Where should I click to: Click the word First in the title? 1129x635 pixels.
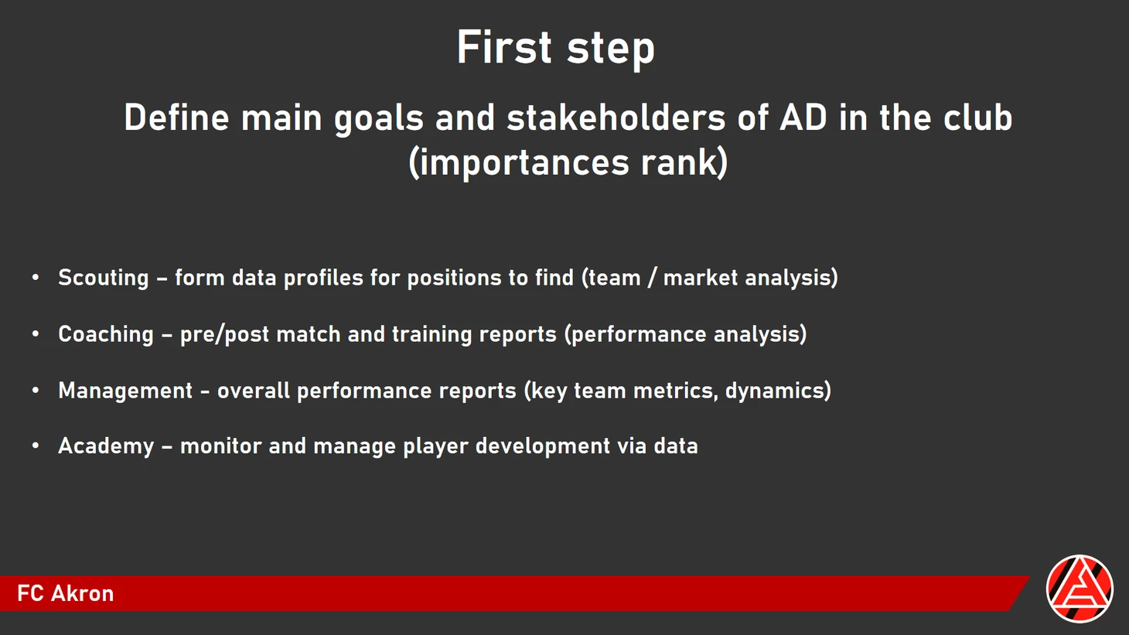click(504, 47)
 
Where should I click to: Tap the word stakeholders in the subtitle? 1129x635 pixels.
click(616, 118)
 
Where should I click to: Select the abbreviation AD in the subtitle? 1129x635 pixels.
click(803, 118)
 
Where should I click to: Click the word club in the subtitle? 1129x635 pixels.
click(977, 118)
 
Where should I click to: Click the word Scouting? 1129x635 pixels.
click(104, 278)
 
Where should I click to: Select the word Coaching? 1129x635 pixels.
click(106, 335)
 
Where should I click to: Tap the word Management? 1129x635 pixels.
click(125, 391)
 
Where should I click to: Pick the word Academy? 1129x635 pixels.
click(106, 446)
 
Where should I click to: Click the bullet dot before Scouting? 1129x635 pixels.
click(36, 278)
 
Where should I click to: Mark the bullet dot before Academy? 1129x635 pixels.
click(36, 446)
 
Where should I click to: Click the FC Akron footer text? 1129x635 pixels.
click(66, 594)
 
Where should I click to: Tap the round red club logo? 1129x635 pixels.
click(1080, 589)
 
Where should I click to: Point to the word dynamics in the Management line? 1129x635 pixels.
click(774, 391)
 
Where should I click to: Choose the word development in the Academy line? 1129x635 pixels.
click(543, 446)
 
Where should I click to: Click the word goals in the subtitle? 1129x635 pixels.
click(378, 118)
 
